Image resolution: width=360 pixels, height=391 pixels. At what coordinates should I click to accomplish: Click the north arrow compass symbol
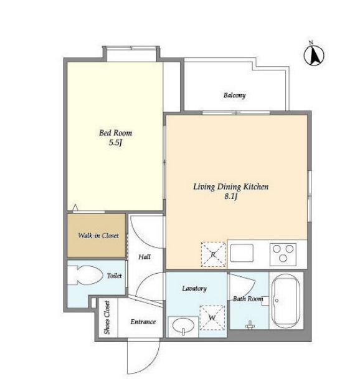[x=314, y=55]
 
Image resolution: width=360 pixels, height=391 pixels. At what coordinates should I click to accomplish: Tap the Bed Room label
[x=116, y=133]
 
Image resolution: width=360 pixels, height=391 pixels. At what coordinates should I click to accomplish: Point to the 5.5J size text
[x=115, y=143]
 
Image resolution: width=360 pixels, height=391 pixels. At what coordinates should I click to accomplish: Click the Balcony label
[x=234, y=95]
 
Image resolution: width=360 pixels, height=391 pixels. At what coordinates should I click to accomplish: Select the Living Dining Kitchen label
[x=231, y=187]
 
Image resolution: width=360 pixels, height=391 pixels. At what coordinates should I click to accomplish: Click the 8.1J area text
[x=230, y=196]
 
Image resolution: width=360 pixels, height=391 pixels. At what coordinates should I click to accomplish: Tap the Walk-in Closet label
[x=98, y=235]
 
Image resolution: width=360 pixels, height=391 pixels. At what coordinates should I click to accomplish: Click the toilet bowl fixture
[x=85, y=275]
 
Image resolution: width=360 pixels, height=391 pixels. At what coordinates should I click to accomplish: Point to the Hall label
[x=144, y=257]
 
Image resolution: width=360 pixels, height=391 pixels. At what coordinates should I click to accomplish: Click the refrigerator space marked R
[x=213, y=254]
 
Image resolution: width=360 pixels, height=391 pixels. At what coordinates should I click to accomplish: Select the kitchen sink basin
[x=242, y=253]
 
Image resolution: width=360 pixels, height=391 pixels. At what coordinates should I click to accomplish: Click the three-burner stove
[x=283, y=254]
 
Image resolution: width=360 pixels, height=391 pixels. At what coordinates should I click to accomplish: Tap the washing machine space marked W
[x=212, y=317]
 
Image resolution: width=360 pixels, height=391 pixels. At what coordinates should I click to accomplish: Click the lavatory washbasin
[x=183, y=326]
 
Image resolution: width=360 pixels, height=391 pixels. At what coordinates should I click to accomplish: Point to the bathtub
[x=285, y=301]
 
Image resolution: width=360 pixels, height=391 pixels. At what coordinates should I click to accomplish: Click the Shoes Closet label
[x=107, y=317]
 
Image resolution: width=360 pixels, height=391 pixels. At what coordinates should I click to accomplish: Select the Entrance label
[x=143, y=322]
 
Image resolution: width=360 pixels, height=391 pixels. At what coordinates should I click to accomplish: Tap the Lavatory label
[x=194, y=289]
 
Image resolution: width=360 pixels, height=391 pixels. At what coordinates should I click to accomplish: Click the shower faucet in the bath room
[x=250, y=325]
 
